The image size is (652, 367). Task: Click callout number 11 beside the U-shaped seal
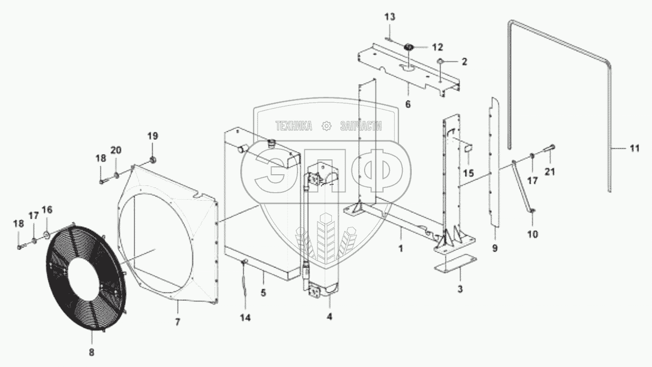[x=635, y=148]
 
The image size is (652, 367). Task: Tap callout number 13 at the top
[x=390, y=17]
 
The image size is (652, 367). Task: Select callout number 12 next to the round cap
[x=437, y=47]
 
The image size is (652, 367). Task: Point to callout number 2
[x=464, y=61]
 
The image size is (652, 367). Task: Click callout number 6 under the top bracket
[x=408, y=104]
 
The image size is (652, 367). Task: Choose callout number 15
[x=468, y=173]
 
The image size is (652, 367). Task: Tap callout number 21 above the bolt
[x=551, y=171]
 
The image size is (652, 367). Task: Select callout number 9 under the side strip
[x=495, y=247]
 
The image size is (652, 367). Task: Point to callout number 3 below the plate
[x=460, y=289]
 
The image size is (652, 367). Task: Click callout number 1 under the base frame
[x=401, y=247]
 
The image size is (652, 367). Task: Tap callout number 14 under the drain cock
[x=246, y=318]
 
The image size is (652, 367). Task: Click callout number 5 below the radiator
[x=263, y=292]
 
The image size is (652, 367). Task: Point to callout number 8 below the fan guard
[x=91, y=352]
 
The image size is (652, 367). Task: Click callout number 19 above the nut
[x=152, y=136]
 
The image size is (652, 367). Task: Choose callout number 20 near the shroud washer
[x=116, y=149]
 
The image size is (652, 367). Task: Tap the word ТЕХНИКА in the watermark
[x=293, y=126]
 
